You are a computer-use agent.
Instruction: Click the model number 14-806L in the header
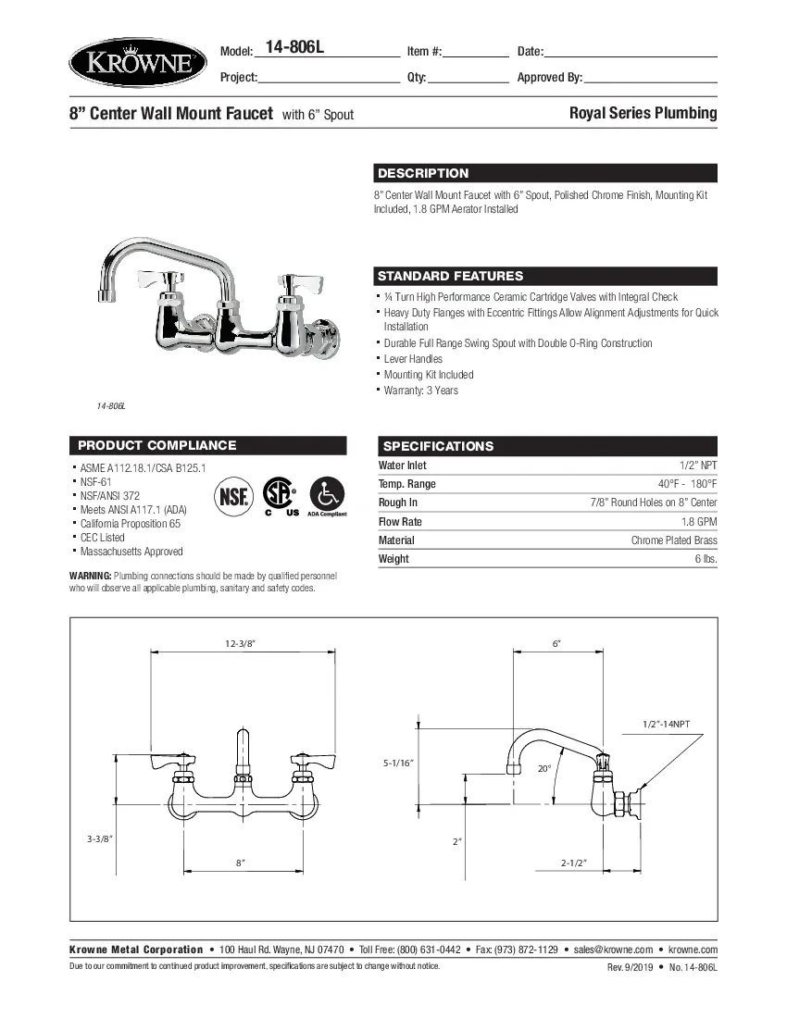click(x=295, y=49)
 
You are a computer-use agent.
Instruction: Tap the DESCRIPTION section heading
click(x=423, y=173)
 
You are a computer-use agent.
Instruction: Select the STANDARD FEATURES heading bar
click(x=450, y=276)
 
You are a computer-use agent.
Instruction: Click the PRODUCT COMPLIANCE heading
click(x=157, y=445)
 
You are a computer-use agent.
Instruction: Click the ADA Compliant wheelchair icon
click(x=327, y=497)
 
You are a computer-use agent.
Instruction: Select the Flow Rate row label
click(x=400, y=521)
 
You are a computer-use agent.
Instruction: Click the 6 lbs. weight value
click(x=706, y=559)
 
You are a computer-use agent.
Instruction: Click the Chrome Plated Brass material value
click(x=674, y=540)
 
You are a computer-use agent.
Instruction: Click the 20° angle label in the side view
click(x=544, y=768)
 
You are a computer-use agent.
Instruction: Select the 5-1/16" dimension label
click(x=398, y=763)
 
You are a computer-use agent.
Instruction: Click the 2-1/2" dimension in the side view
click(x=575, y=862)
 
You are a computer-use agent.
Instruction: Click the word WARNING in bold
click(x=91, y=576)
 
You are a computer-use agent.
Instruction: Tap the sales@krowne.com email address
click(x=615, y=950)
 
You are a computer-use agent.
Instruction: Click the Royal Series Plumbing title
click(x=643, y=113)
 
